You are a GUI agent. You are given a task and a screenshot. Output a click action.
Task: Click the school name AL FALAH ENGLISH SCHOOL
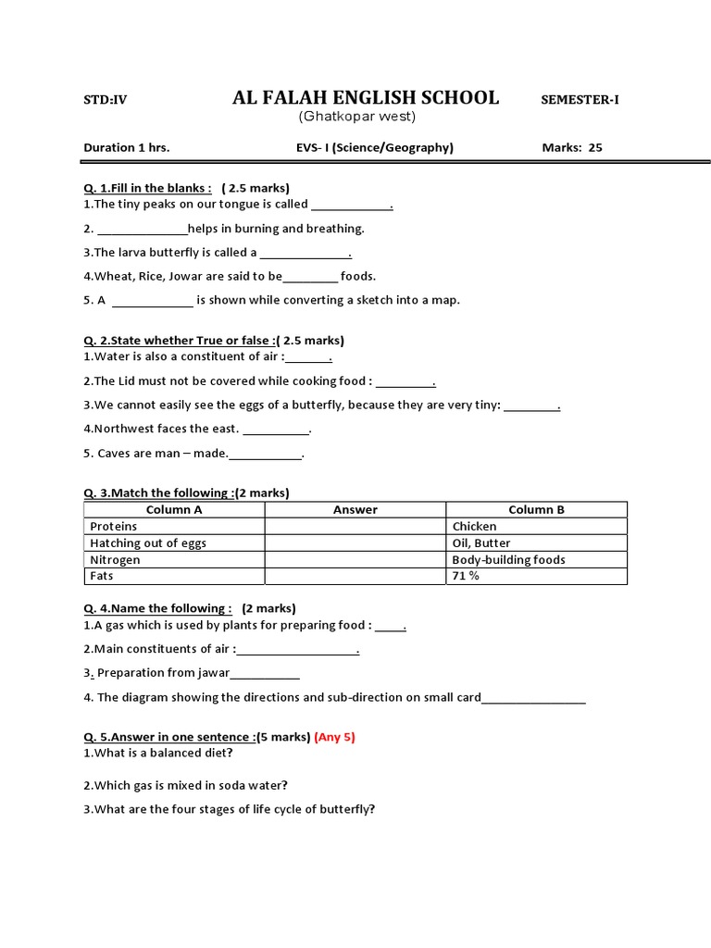pos(365,98)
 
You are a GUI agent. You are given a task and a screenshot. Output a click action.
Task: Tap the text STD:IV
pos(106,100)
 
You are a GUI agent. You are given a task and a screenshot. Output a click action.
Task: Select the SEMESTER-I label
pos(580,100)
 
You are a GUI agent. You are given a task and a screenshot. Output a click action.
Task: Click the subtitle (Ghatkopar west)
pos(356,117)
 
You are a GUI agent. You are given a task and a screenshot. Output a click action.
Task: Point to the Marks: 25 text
pos(571,147)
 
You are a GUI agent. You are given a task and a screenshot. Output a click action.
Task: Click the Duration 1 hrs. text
pos(127,147)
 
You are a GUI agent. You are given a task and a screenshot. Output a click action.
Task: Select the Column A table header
pos(174,510)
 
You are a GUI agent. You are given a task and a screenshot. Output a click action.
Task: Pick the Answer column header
pos(355,510)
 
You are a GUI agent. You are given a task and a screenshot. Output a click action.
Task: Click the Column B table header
pos(536,510)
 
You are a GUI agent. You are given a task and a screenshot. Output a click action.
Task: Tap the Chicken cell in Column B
pos(474,527)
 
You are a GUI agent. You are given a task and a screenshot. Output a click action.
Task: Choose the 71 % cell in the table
pos(466,576)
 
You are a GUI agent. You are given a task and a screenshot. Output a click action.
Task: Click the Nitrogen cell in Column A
pos(116,560)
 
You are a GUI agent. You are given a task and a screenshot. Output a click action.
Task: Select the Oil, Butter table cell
pos(481,543)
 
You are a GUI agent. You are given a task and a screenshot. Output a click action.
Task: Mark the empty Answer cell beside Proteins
pos(355,527)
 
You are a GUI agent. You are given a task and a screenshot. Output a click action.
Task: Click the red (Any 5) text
pos(335,737)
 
